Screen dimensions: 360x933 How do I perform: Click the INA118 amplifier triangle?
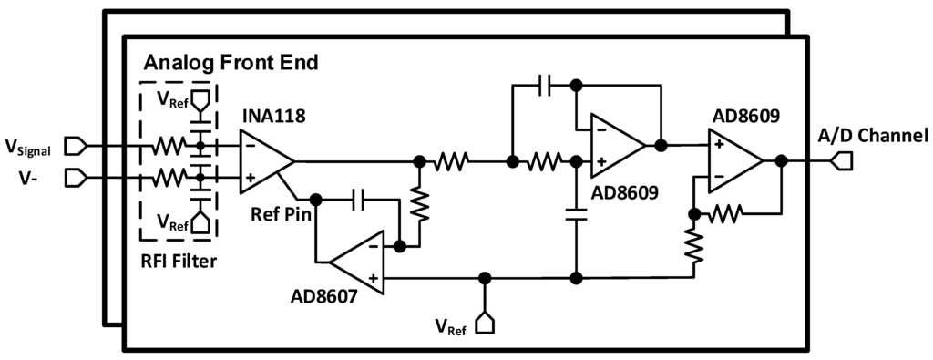262,161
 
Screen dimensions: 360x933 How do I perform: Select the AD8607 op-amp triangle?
356,262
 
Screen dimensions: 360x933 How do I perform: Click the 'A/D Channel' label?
872,136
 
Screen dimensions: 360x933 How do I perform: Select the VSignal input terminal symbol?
76,145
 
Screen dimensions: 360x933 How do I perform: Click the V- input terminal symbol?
76,177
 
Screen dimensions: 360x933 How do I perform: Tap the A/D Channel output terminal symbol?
843,161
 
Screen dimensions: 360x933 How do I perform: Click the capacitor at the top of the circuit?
544,86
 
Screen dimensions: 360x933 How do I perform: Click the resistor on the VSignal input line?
169,145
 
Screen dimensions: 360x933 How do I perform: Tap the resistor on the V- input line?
169,177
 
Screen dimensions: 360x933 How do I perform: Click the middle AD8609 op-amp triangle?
615,146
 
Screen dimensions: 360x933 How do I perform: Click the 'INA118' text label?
272,118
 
